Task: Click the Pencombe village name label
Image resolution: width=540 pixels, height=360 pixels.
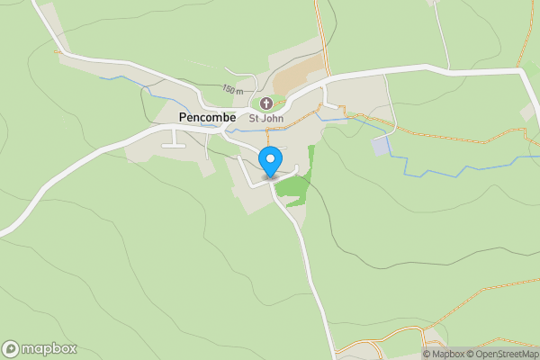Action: coord(207,117)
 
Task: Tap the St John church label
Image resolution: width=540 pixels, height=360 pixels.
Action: coord(266,118)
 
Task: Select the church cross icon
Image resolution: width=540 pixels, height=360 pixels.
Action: coord(266,103)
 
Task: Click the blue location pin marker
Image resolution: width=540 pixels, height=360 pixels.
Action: coord(270,162)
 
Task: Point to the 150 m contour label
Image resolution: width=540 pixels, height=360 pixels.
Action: coord(233,89)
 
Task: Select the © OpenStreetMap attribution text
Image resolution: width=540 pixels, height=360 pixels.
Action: coord(503,354)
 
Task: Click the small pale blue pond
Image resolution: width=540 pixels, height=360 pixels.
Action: coord(382,145)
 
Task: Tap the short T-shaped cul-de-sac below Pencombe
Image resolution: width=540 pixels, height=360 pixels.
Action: coord(174,140)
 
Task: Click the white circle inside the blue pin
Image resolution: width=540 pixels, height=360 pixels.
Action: coord(270,159)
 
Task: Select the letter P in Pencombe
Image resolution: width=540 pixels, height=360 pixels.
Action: coord(182,117)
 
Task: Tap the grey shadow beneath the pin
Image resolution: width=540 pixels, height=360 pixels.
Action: coord(270,176)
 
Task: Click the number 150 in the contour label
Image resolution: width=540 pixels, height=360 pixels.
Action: coord(229,89)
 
